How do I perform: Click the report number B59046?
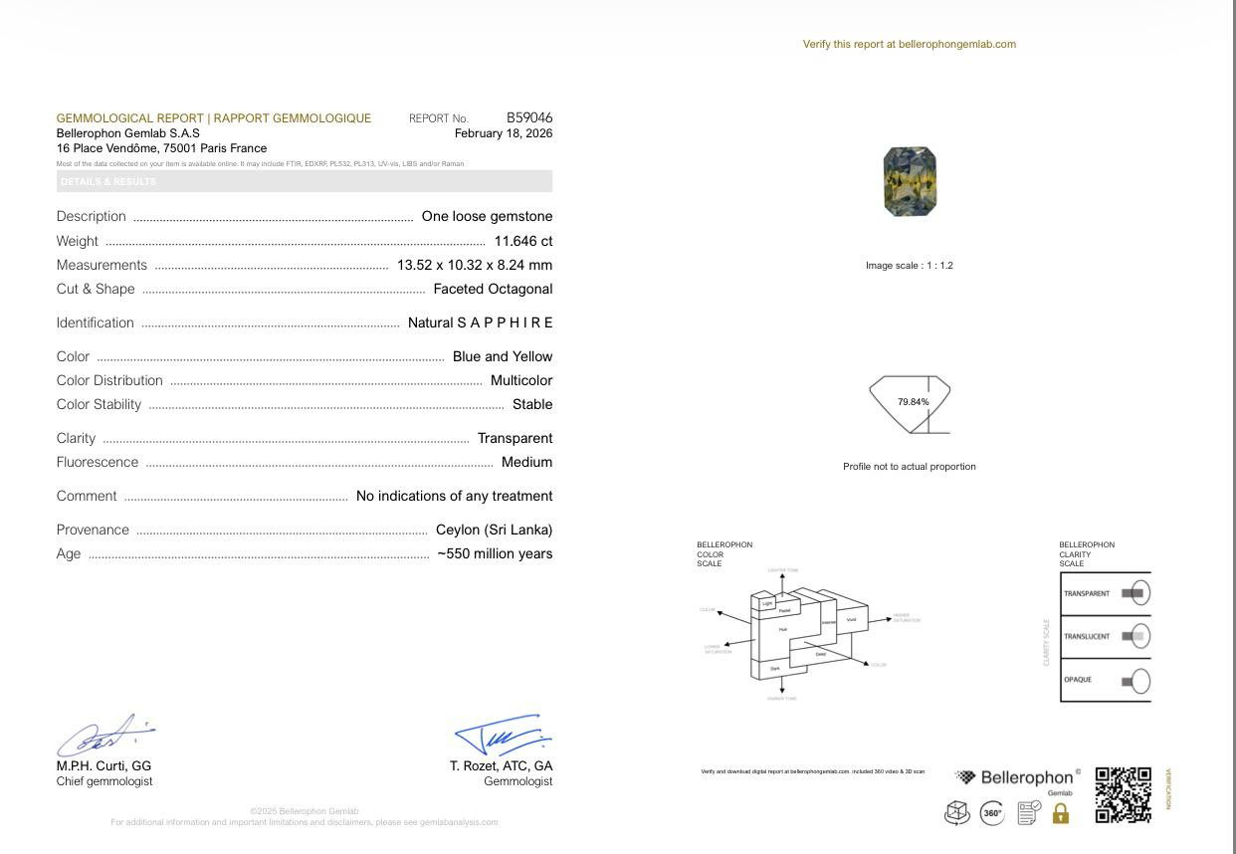click(528, 117)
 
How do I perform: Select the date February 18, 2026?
click(503, 133)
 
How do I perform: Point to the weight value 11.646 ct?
click(522, 241)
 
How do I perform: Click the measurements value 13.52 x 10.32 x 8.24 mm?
click(474, 265)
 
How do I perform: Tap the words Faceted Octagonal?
click(493, 289)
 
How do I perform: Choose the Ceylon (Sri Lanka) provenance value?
click(494, 530)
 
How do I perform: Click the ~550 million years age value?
click(495, 553)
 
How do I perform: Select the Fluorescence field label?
click(98, 462)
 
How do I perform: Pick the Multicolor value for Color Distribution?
click(520, 380)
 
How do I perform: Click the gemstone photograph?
click(910, 181)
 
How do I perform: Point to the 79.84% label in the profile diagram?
click(913, 402)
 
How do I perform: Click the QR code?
click(1123, 794)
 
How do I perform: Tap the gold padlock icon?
click(1060, 813)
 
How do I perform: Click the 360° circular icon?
click(992, 813)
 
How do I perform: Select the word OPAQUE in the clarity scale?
click(1077, 680)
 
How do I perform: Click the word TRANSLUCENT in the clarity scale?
click(1086, 637)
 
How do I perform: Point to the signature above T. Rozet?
click(503, 735)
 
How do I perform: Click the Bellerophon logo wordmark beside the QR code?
click(1026, 777)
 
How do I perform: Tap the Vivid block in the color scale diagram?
click(851, 620)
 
